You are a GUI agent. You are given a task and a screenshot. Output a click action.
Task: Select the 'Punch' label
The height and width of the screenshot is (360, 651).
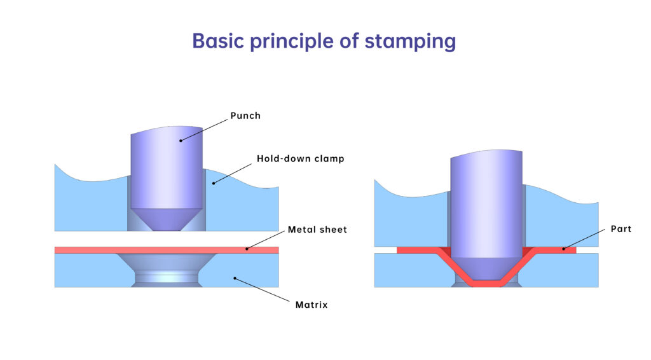coord(245,116)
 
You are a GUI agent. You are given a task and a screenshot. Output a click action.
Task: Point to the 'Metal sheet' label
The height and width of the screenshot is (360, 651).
coord(317,230)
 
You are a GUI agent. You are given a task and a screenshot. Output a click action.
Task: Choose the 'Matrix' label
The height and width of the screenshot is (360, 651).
coord(312,305)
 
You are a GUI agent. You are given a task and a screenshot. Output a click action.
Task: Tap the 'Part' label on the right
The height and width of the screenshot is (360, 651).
coord(621,229)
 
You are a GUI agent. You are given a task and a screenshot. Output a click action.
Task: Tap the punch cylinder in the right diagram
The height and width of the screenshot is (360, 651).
coord(486,204)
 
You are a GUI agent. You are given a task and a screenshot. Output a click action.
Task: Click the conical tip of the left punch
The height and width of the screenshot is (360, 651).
coord(167,219)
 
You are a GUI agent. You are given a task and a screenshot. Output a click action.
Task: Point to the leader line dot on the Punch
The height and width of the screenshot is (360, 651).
coord(180,141)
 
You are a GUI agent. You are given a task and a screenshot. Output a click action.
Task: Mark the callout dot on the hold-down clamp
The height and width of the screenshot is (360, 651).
coord(214,184)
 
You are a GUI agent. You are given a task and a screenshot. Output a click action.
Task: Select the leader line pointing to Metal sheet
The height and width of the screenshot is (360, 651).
coord(266,239)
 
